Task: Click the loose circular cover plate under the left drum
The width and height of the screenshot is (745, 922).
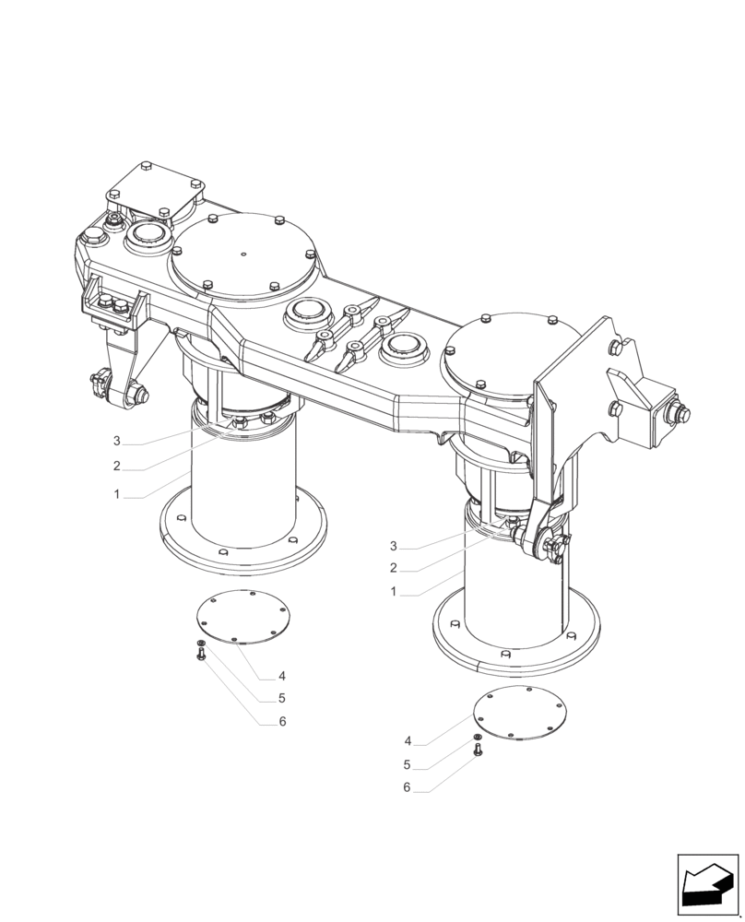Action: point(242,617)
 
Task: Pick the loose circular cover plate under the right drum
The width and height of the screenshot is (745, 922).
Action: point(520,714)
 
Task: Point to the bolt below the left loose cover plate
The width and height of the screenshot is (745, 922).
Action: point(201,656)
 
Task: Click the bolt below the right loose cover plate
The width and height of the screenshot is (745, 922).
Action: point(478,751)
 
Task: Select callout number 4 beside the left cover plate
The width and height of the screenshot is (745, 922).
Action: point(282,676)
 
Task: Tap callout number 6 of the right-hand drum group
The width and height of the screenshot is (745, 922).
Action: point(407,788)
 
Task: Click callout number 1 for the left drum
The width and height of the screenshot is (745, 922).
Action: point(117,495)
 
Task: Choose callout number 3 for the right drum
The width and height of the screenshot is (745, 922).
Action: point(394,546)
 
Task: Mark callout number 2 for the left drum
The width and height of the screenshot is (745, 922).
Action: point(117,467)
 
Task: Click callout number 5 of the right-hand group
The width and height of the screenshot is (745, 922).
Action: point(407,764)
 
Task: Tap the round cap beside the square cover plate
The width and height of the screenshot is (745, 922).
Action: point(143,238)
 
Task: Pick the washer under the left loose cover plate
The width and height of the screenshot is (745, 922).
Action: point(200,643)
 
